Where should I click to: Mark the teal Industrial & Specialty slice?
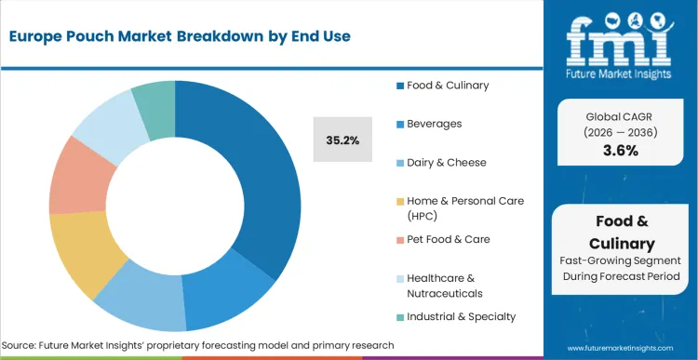154,99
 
